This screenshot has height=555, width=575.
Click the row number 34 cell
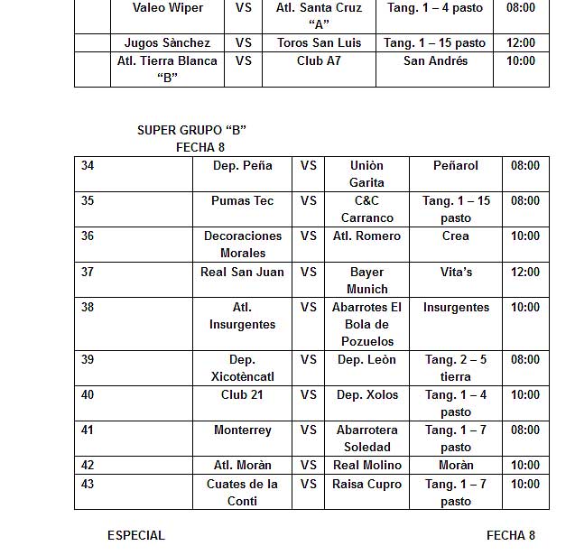(x=88, y=165)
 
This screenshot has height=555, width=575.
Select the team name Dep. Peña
(x=242, y=165)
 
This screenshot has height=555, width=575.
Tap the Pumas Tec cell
(x=242, y=200)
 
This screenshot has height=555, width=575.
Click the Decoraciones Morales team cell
(x=242, y=245)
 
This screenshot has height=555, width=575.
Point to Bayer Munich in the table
(x=367, y=280)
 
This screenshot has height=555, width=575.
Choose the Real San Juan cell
(x=242, y=272)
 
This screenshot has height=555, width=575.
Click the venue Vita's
(x=456, y=272)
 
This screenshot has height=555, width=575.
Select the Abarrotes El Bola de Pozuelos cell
(x=367, y=324)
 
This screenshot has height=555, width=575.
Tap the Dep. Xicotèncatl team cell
(x=242, y=367)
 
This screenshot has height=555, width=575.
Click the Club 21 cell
(x=242, y=394)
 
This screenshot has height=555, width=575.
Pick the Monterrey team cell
(x=242, y=430)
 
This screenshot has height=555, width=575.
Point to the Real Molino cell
(x=367, y=465)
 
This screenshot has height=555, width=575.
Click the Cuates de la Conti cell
(x=242, y=492)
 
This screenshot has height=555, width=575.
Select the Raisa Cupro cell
(x=367, y=484)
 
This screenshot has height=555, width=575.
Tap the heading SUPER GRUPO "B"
(x=191, y=130)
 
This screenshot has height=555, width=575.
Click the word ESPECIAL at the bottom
(x=136, y=535)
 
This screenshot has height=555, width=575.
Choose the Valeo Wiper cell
(x=168, y=8)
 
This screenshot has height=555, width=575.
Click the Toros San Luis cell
(x=318, y=42)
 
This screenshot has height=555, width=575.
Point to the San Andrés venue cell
(x=435, y=60)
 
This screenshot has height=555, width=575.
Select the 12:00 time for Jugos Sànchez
(x=521, y=42)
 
